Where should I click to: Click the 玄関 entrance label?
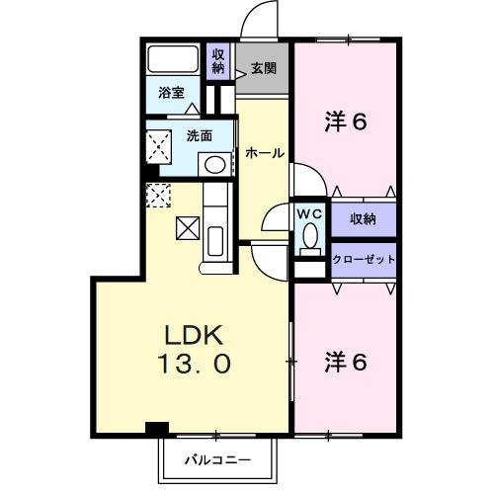point(262,69)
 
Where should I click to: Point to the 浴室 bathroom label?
point(171,93)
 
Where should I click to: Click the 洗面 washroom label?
point(199,136)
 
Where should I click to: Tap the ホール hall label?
point(264,153)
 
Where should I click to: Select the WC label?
point(308,211)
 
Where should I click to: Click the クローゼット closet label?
point(365,259)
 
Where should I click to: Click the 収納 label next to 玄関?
point(218,62)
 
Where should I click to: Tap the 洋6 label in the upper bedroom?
point(347,123)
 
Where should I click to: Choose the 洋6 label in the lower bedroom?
point(347,362)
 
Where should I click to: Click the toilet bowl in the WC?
point(309,237)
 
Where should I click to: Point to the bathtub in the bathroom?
point(172,59)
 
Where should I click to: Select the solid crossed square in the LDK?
point(188,227)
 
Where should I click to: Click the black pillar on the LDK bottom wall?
point(156,428)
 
